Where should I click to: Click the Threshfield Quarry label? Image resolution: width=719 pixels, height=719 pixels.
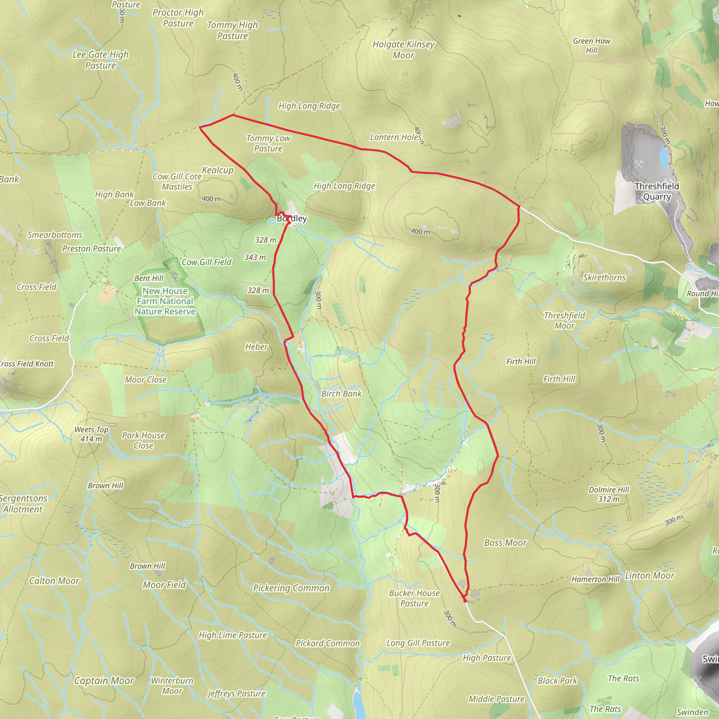[657, 191]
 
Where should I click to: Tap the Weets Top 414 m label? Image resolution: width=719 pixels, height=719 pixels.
[91, 434]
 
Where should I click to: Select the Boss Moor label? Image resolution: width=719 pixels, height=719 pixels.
[505, 543]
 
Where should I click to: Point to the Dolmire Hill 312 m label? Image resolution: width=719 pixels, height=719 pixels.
[609, 494]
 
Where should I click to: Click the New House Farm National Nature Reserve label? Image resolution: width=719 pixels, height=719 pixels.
[165, 301]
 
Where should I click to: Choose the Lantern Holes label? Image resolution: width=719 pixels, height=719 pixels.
[396, 137]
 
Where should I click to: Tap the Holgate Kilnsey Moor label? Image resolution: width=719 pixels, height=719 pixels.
[403, 50]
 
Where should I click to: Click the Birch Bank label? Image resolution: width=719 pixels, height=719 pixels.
[341, 394]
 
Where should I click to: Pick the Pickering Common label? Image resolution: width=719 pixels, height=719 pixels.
[291, 588]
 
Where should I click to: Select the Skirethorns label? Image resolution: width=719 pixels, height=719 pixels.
[605, 278]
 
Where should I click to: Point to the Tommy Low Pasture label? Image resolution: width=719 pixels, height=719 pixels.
[268, 143]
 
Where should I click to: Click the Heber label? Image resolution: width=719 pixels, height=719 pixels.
[256, 347]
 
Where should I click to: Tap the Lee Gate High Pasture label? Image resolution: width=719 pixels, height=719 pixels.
[100, 60]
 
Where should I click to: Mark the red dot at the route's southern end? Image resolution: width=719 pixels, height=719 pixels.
[465, 600]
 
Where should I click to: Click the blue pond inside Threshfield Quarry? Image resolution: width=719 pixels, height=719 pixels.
[663, 157]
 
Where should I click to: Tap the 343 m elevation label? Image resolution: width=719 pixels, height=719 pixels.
[255, 257]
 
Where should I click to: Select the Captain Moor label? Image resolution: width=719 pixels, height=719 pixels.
[104, 681]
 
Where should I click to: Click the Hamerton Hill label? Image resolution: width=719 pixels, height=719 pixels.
[595, 579]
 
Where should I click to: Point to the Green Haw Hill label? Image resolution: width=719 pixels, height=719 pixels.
[592, 45]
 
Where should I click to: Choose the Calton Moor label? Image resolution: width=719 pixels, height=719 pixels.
[54, 581]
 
